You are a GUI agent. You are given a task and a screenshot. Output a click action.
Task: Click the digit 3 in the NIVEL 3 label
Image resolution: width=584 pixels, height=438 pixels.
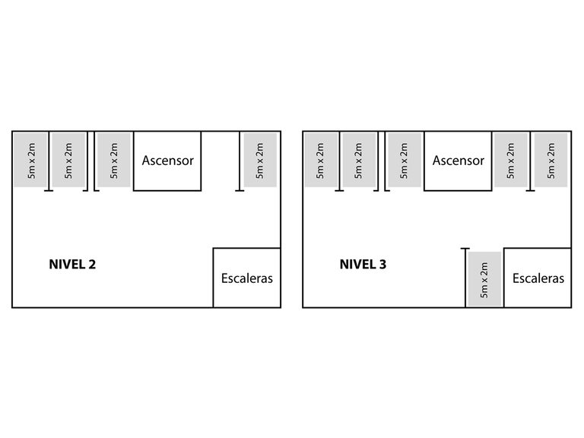coord(382,265)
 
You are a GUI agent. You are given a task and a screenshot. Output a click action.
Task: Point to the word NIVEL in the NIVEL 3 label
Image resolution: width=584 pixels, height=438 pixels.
coord(357,265)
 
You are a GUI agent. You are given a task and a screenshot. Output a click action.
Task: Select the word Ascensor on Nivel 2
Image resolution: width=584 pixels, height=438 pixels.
coord(167,160)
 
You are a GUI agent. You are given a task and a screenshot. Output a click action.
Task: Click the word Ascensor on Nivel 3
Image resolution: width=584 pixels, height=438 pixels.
coord(458,160)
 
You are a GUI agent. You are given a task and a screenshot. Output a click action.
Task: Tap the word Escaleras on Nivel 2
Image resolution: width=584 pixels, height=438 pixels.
coord(246,278)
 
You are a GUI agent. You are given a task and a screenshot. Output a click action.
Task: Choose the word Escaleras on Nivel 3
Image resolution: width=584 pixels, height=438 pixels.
coord(538,278)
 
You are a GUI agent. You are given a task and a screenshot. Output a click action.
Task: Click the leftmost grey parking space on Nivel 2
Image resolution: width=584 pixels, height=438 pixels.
coord(30,160)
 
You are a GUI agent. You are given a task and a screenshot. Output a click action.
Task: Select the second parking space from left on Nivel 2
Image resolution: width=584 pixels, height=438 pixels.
coord(68,160)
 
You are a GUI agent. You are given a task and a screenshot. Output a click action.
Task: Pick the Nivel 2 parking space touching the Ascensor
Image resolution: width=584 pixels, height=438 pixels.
coord(114,160)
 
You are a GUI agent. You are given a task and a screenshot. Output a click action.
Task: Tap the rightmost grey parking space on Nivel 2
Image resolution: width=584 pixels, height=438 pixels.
coord(261,160)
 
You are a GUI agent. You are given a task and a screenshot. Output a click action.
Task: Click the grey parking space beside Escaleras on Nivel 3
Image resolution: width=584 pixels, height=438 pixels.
coord(484,279)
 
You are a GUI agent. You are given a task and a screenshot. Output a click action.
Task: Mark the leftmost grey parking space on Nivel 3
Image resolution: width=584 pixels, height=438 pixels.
coord(320,160)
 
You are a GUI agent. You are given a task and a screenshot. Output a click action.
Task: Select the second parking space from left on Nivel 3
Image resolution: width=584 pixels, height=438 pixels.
coord(359,160)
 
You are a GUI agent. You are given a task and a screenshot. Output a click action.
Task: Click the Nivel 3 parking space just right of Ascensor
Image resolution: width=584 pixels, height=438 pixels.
coord(510,160)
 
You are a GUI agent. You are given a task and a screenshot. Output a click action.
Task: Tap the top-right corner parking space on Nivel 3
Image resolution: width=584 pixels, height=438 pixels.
coord(551,160)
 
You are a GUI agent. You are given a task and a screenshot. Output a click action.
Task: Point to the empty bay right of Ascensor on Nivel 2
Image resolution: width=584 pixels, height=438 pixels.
coord(221,160)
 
